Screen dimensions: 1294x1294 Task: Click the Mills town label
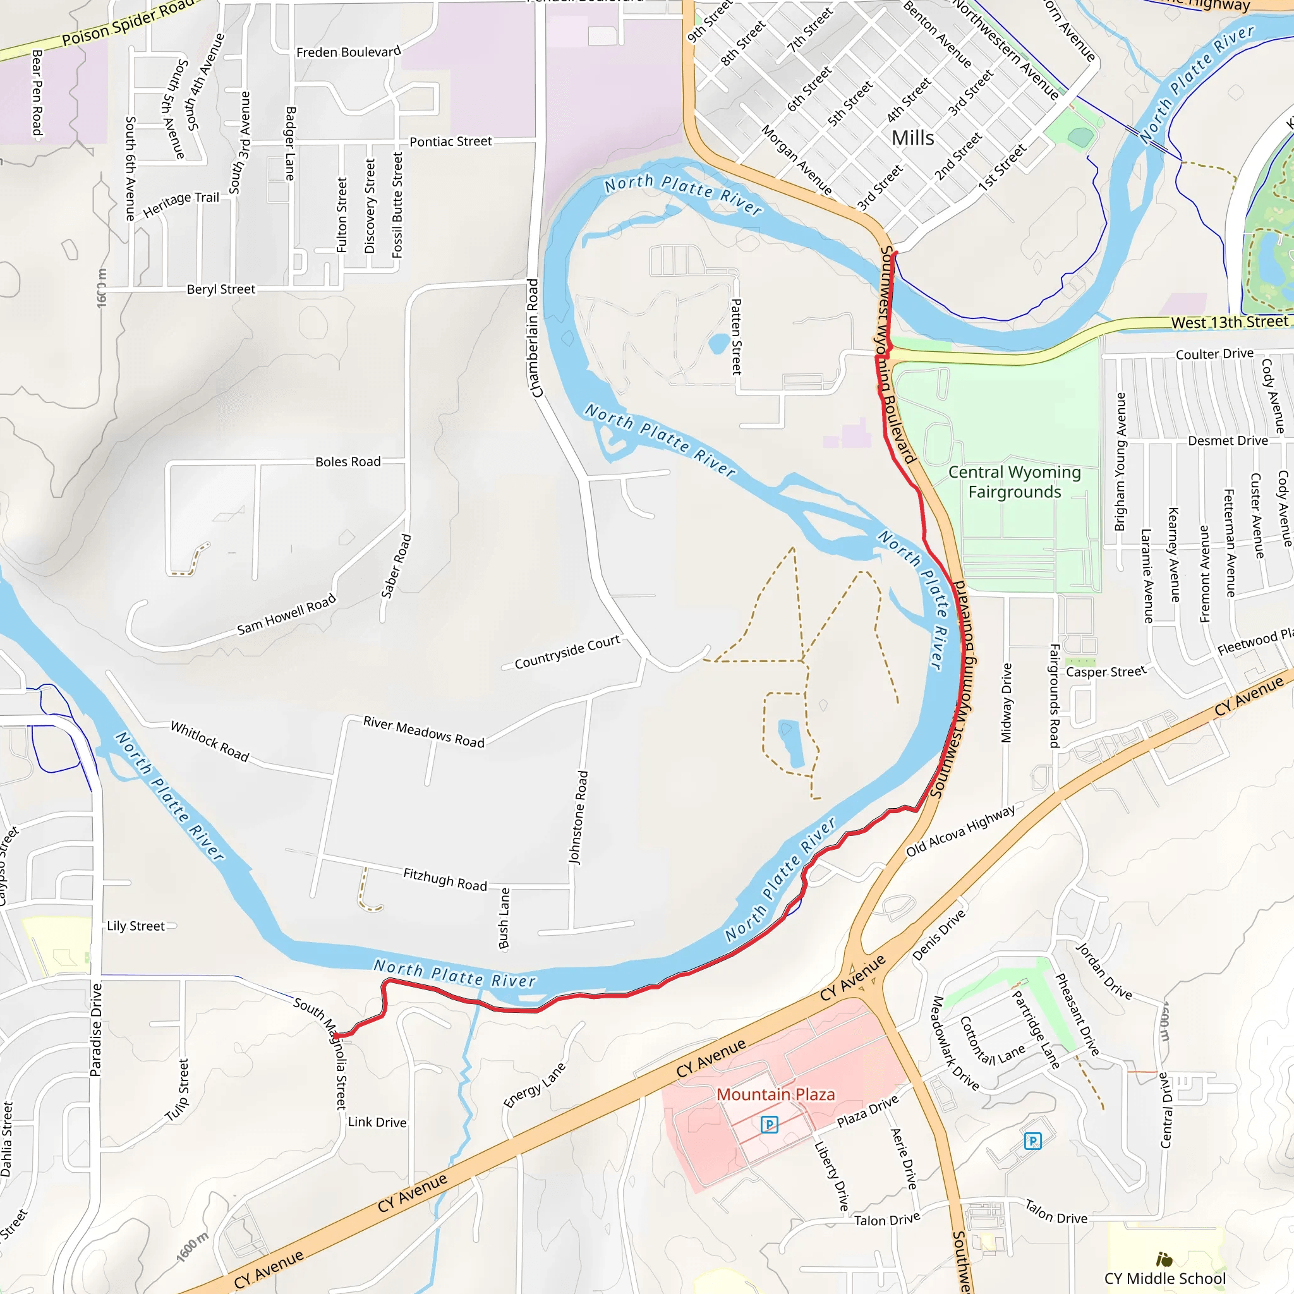[x=912, y=138]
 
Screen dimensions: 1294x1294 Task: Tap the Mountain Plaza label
[x=776, y=1094]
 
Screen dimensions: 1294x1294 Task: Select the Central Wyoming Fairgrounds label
[x=1014, y=482]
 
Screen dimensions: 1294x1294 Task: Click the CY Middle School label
[x=1164, y=1278]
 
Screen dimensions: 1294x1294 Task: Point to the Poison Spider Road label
[x=127, y=24]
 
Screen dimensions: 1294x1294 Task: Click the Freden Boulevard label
[x=348, y=52]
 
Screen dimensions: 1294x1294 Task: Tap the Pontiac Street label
[x=450, y=142]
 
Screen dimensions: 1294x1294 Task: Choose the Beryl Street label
[x=221, y=289]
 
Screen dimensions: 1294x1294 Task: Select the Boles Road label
[x=348, y=461]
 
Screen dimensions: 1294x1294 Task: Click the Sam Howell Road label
[x=287, y=615]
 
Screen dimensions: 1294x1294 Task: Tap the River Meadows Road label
[x=423, y=732]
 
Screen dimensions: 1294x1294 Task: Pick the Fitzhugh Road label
[x=445, y=880]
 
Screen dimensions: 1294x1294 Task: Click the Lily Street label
[x=135, y=926]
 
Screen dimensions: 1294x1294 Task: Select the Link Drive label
[x=377, y=1122]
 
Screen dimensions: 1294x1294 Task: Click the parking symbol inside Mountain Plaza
[x=770, y=1125]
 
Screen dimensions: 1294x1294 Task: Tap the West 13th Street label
[x=1230, y=322]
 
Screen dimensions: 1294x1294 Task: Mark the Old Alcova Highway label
[x=960, y=830]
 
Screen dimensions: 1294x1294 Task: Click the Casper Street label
[x=1106, y=672]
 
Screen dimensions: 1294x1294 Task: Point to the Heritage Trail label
[x=181, y=203]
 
